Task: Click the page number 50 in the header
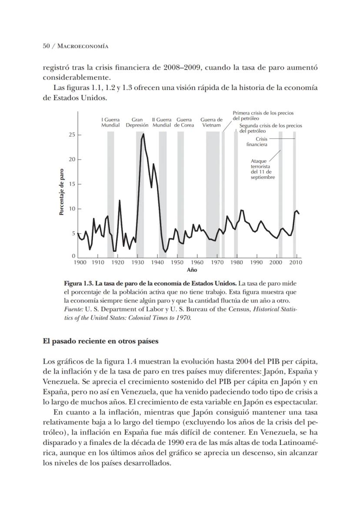click(x=47, y=46)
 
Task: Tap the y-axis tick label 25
click(x=72, y=135)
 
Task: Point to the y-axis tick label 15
click(x=72, y=184)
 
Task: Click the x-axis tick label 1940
click(x=157, y=263)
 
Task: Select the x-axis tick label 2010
click(x=296, y=263)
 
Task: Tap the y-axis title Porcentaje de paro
click(x=62, y=192)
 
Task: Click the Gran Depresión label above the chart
click(x=137, y=122)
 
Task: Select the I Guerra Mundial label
click(x=110, y=122)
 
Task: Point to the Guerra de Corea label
click(x=184, y=122)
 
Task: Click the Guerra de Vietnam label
click(x=211, y=122)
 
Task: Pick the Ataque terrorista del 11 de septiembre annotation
click(x=263, y=169)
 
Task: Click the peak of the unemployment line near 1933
click(x=143, y=134)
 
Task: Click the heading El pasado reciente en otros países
click(x=100, y=341)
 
